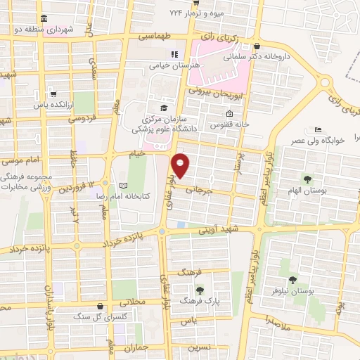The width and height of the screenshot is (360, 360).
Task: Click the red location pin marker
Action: coord(181,165)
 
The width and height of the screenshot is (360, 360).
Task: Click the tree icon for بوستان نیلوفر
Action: coord(292,279)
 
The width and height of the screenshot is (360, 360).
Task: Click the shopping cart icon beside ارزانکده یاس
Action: coord(54,94)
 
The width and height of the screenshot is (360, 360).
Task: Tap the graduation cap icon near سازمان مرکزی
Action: coord(164,108)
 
